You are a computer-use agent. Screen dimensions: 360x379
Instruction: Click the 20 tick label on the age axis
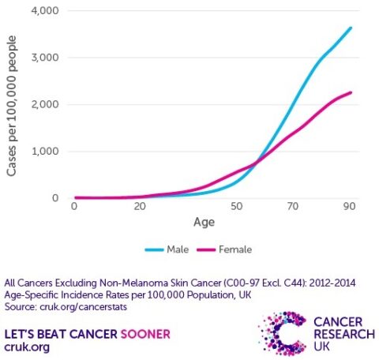tap(140, 207)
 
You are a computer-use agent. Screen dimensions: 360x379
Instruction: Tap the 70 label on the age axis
tap(294, 207)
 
